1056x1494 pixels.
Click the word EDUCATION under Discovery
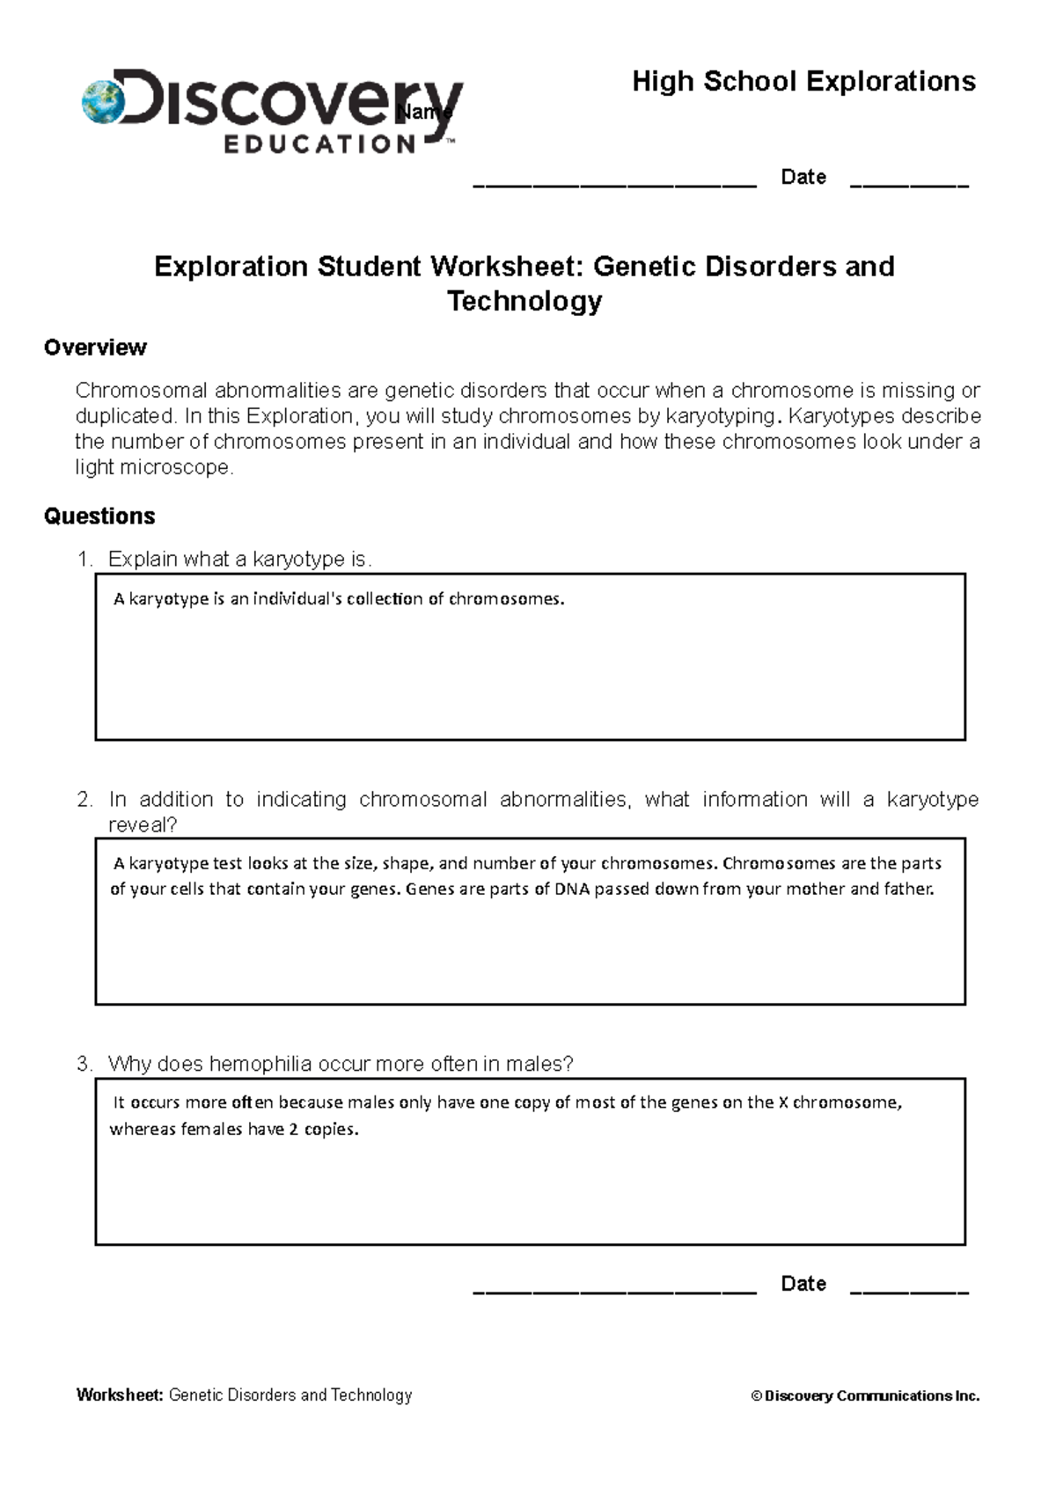point(319,144)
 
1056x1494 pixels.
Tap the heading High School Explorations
point(803,82)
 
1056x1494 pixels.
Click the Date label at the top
point(803,177)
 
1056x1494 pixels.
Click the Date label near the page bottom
point(803,1284)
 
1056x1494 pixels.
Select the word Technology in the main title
point(524,301)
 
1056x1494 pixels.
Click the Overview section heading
point(95,348)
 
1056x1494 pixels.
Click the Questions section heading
point(99,516)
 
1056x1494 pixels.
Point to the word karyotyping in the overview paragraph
point(720,416)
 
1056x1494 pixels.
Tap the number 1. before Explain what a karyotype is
point(84,560)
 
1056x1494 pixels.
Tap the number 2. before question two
point(84,800)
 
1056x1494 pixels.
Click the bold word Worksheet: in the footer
point(120,1395)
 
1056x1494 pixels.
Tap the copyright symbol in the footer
point(756,1396)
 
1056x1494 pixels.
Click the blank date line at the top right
point(909,184)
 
